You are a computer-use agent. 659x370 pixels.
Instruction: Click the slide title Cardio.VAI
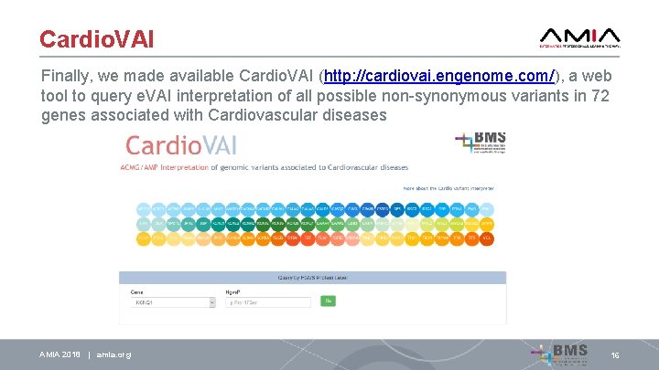click(96, 39)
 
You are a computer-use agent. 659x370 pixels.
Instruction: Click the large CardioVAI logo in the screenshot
click(183, 145)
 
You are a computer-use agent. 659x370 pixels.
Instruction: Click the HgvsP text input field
click(269, 301)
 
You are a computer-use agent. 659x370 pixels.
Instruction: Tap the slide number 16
click(615, 354)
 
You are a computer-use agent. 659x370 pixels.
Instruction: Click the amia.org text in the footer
click(113, 354)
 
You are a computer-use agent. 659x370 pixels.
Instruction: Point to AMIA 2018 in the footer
click(59, 354)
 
